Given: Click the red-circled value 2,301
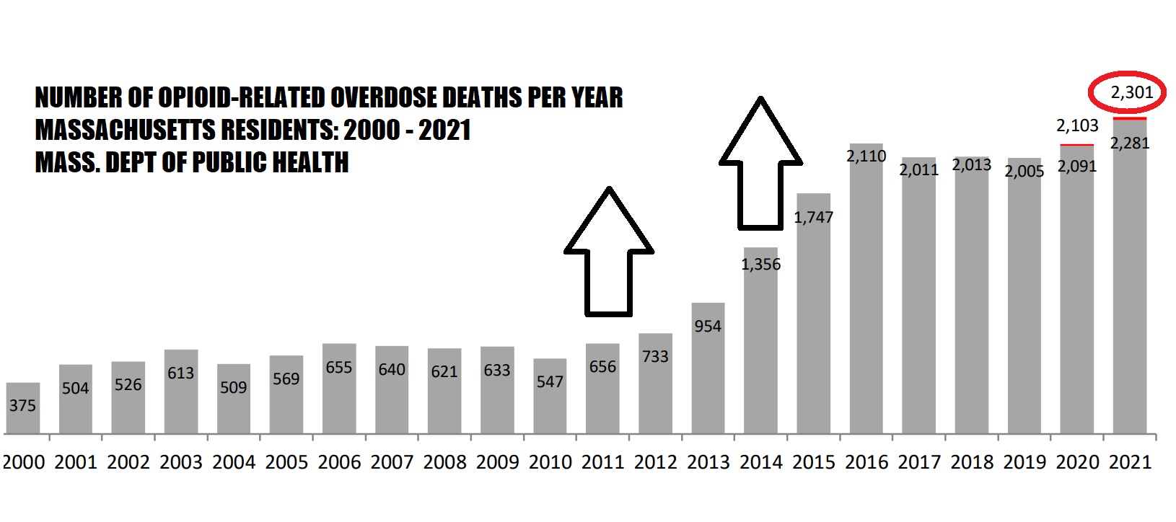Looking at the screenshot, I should tap(1131, 92).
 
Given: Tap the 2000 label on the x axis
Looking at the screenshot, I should tap(24, 462).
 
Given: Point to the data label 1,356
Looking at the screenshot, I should tap(760, 265).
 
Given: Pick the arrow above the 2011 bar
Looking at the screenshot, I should tap(609, 252).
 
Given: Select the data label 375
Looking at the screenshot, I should tap(22, 406).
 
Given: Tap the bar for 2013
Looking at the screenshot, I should tap(708, 375).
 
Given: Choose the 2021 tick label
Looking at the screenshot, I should tap(1130, 462).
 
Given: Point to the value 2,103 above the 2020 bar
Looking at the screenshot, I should tap(1077, 126).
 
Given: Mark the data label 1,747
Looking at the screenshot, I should tap(813, 218).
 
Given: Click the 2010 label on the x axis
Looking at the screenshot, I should tap(550, 462).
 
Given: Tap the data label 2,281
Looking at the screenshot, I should tap(1130, 143).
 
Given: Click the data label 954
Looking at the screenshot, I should tap(708, 327).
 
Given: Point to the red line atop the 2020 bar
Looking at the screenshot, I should tap(1076, 146).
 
